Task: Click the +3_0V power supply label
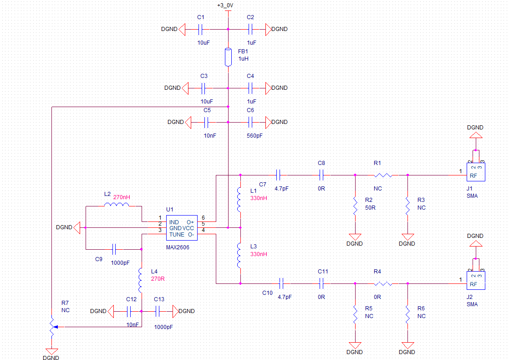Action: coord(225,5)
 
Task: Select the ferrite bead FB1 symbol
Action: coord(228,57)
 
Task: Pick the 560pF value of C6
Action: coord(255,136)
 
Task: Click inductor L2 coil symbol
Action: coord(116,205)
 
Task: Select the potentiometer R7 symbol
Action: coord(52,327)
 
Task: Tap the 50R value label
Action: coord(371,208)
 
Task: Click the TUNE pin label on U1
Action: coord(177,235)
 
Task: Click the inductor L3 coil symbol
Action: coord(239,256)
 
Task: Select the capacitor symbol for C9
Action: coord(115,249)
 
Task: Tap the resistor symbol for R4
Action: coord(383,284)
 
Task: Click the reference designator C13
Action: coord(159,299)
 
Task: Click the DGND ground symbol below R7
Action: coord(52,351)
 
